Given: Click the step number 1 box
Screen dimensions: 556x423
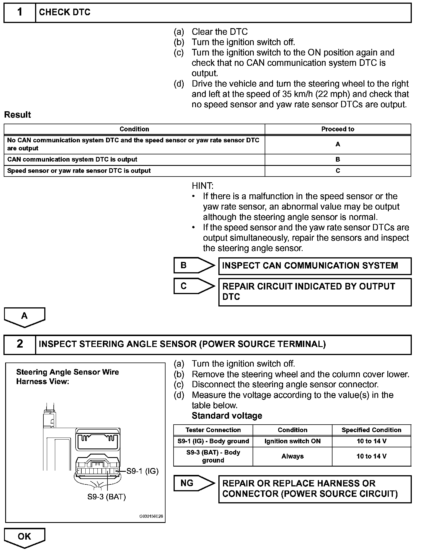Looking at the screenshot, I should pyautogui.click(x=20, y=12).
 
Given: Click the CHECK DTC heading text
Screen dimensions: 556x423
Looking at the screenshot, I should pyautogui.click(x=65, y=12).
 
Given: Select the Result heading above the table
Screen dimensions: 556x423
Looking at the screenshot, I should pyautogui.click(x=18, y=115).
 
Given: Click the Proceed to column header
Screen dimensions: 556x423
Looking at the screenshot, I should pyautogui.click(x=338, y=129).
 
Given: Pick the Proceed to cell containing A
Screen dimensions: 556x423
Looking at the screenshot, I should pyautogui.click(x=338, y=144).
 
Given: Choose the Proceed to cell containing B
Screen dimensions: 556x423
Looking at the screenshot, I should pyautogui.click(x=338, y=160).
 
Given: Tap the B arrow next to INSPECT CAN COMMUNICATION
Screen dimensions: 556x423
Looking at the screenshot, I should pyautogui.click(x=194, y=265).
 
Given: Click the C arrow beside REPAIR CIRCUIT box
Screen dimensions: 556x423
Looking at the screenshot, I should pyautogui.click(x=194, y=286).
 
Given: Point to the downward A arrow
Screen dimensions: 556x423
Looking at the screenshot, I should pyautogui.click(x=24, y=317).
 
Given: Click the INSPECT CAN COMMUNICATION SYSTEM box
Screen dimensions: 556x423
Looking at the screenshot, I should pyautogui.click(x=315, y=266).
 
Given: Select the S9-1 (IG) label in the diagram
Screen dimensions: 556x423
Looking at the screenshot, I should pyautogui.click(x=143, y=471).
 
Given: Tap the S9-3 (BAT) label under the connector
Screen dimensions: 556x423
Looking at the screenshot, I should pyautogui.click(x=107, y=497).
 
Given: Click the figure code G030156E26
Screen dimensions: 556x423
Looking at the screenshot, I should pyautogui.click(x=151, y=516).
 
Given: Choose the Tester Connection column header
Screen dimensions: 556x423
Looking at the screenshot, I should pyautogui.click(x=213, y=430).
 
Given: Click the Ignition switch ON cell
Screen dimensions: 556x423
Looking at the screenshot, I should pyautogui.click(x=292, y=441).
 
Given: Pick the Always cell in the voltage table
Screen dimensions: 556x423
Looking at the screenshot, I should pyautogui.click(x=292, y=456).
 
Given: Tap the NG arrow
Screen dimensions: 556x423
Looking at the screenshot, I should pyautogui.click(x=194, y=483).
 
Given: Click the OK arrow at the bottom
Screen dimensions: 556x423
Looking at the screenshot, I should pyautogui.click(x=24, y=537).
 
